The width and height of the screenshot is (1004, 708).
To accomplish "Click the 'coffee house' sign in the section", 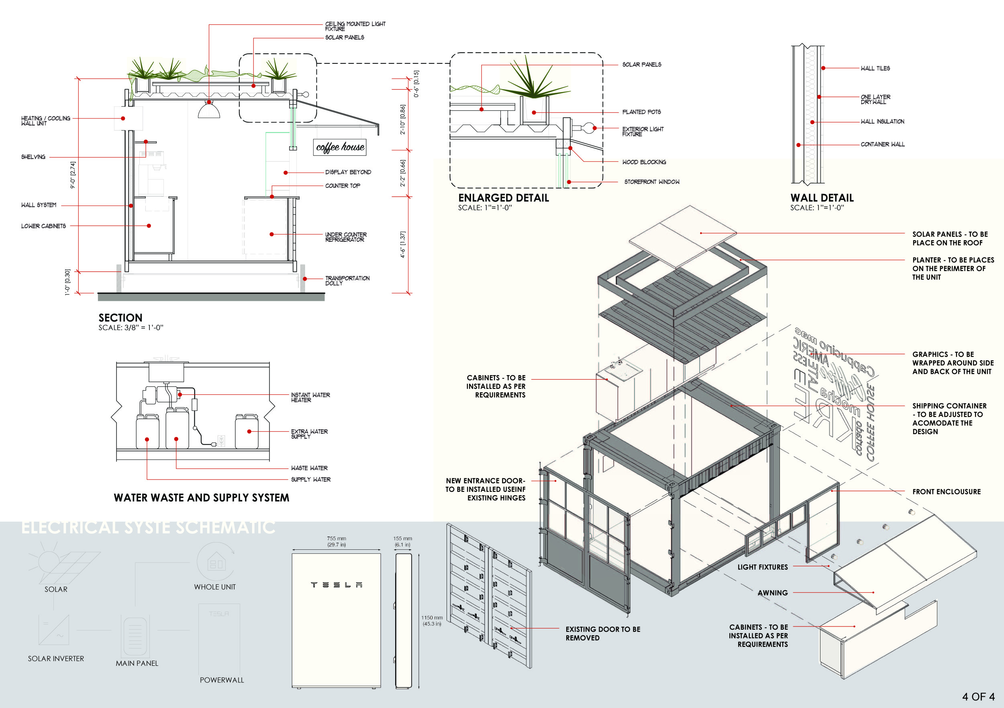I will click(340, 147).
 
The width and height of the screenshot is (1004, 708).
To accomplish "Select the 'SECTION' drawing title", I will click(120, 318).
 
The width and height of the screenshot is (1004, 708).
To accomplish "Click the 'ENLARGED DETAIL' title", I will click(503, 198).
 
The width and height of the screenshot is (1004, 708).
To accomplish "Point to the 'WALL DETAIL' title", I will click(822, 198).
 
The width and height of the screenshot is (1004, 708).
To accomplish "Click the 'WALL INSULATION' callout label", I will click(882, 122).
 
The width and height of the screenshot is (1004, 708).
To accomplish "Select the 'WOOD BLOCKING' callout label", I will click(644, 162).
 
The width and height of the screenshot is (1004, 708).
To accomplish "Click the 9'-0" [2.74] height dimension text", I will click(73, 175).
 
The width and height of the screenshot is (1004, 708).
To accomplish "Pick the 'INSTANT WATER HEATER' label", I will click(310, 398).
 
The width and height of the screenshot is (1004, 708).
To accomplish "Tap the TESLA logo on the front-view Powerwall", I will click(336, 585).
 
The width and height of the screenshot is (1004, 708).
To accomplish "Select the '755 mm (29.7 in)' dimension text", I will click(336, 541).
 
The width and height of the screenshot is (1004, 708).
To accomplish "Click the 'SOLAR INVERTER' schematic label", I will click(56, 659).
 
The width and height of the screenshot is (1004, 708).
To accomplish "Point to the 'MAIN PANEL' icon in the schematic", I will click(135, 636).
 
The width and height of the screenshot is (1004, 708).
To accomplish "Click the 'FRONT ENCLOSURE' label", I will click(946, 492).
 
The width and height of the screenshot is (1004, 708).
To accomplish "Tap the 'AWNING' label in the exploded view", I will click(772, 593).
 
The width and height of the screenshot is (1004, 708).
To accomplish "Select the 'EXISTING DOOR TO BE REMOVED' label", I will click(602, 634).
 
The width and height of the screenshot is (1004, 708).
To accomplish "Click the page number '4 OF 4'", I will click(978, 697).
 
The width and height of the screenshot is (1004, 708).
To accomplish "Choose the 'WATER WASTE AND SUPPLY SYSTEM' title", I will click(201, 498).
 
